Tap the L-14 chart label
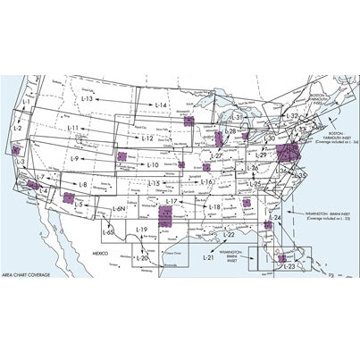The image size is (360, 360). point(161,105)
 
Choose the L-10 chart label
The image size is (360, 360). point(152,164)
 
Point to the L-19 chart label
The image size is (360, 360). point(141,230)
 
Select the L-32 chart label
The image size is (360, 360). point(291,117)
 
